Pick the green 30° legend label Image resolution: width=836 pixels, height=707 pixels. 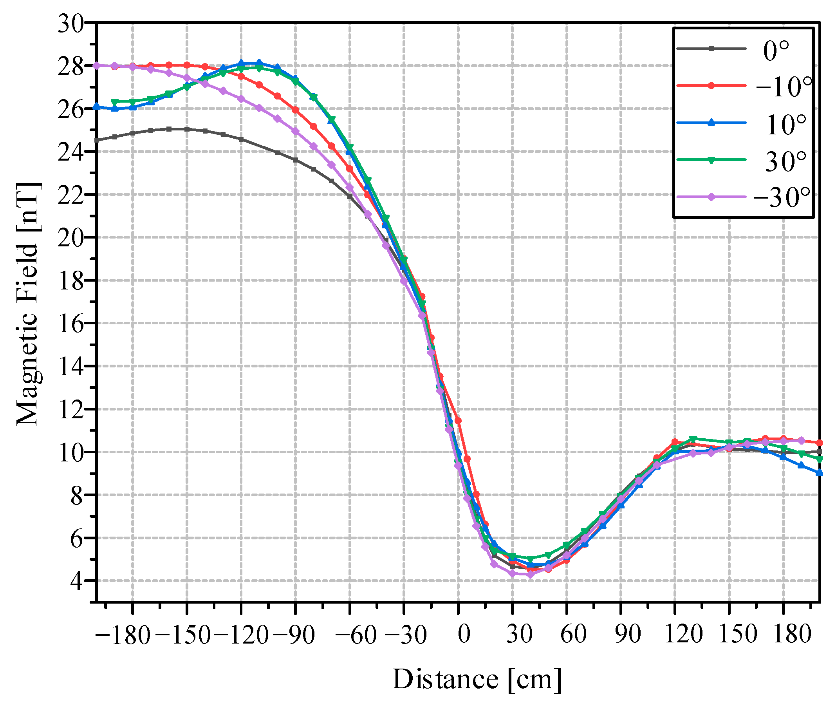point(784,162)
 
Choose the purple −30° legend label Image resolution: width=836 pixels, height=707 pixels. point(781,197)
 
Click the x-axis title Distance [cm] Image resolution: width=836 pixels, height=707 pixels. point(476,679)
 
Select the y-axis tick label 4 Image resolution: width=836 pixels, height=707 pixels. point(76,582)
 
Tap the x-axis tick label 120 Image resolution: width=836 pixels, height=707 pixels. point(683,635)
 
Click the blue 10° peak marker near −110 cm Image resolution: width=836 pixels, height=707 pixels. point(259,63)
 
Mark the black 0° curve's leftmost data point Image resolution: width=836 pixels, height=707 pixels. point(97,140)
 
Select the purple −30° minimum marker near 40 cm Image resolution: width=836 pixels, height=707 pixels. point(530,575)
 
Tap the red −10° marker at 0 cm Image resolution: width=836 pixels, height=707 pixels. point(458,420)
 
